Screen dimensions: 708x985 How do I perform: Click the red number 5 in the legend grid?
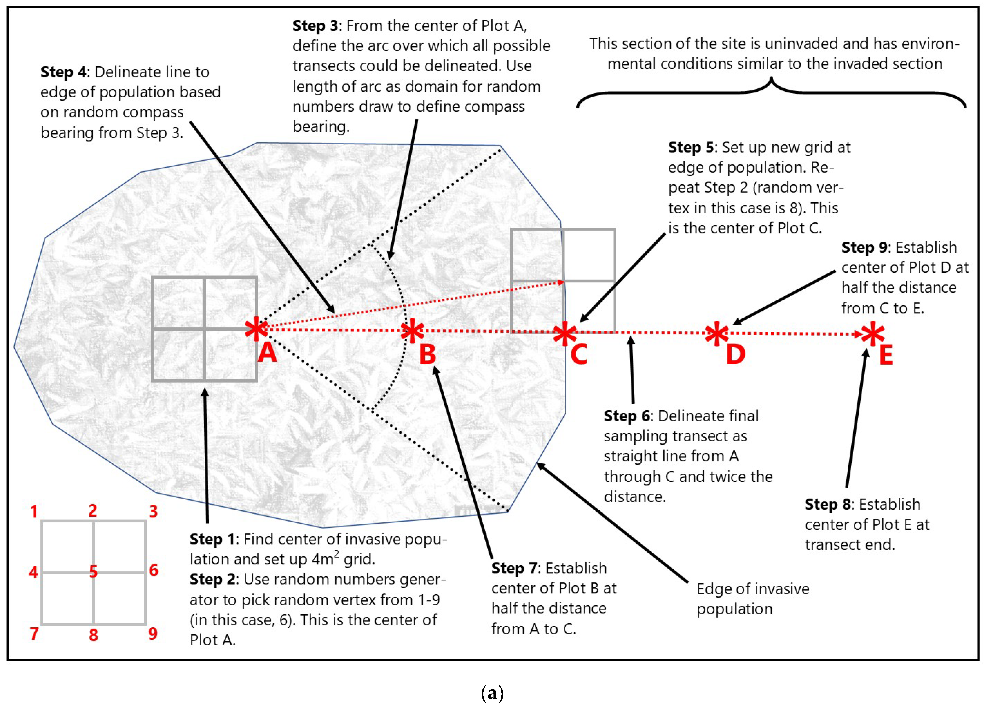click(93, 572)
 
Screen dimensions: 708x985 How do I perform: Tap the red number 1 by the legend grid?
click(34, 512)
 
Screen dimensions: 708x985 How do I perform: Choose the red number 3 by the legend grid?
click(153, 511)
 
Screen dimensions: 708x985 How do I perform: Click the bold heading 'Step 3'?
click(315, 26)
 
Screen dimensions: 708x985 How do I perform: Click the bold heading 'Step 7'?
click(514, 568)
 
